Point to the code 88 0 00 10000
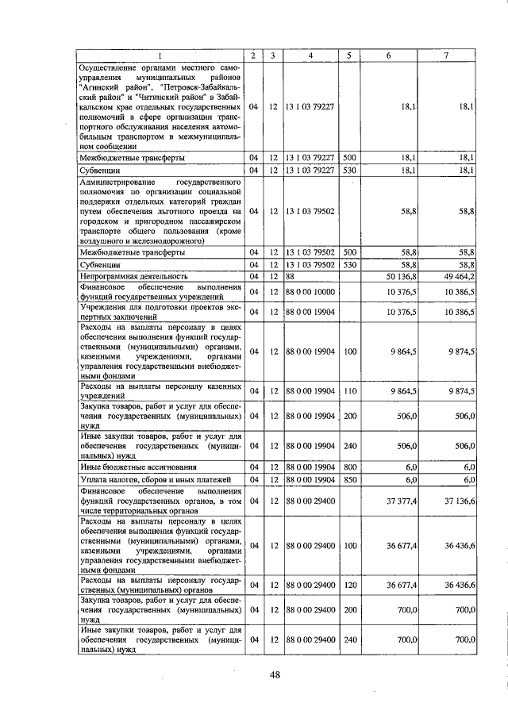tap(310, 292)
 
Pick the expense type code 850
tap(349, 480)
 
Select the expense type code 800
tap(349, 468)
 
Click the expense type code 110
tap(349, 390)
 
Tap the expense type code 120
tap(349, 585)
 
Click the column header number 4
tap(310, 55)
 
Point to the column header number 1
tap(159, 55)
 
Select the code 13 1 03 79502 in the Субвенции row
tap(310, 264)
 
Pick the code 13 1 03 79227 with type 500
tap(310, 158)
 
